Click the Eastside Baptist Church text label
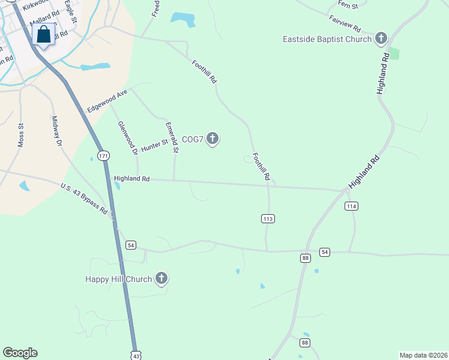pyautogui.click(x=328, y=40)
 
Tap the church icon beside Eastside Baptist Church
pyautogui.click(x=380, y=39)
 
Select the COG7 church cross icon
pyautogui.click(x=212, y=139)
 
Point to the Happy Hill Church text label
pyautogui.click(x=118, y=278)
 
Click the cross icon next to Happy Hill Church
pyautogui.click(x=161, y=278)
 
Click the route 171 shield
pyautogui.click(x=104, y=155)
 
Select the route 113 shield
pyautogui.click(x=268, y=219)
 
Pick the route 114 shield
pyautogui.click(x=352, y=206)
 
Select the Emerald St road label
pyautogui.click(x=171, y=137)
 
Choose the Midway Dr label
pyautogui.click(x=57, y=131)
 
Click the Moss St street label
pyautogui.click(x=21, y=135)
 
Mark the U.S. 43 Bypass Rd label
pyautogui.click(x=84, y=199)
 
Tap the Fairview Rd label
pyautogui.click(x=345, y=25)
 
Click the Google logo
pyautogui.click(x=20, y=353)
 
